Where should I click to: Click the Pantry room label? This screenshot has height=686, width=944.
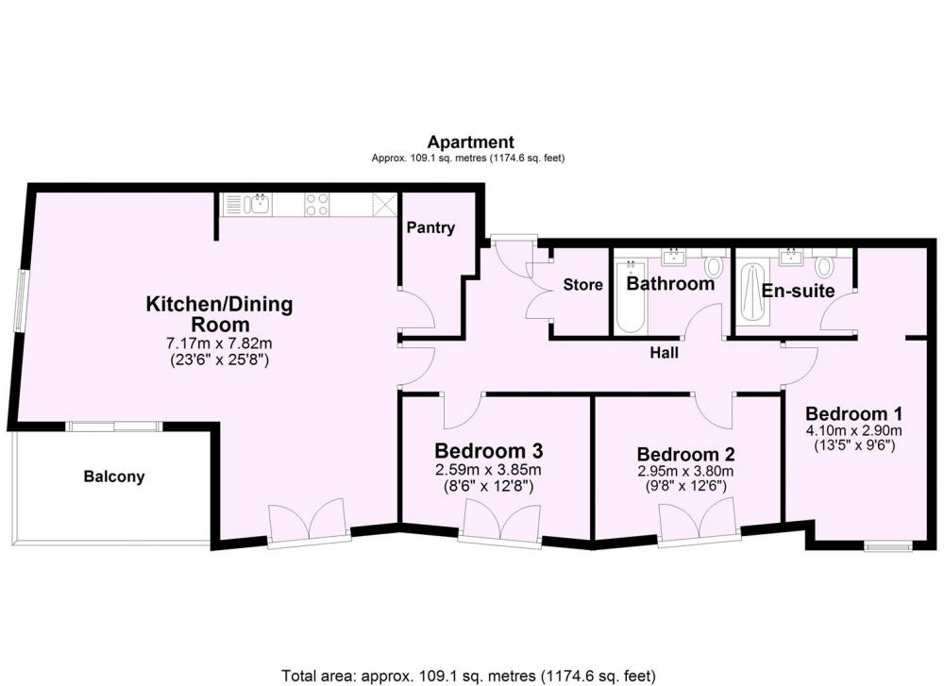(x=430, y=227)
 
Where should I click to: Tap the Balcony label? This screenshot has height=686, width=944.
(x=114, y=477)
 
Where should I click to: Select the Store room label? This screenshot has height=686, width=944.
(x=582, y=285)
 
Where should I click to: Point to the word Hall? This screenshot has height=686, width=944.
(x=664, y=353)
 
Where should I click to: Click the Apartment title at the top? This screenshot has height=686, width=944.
(x=470, y=142)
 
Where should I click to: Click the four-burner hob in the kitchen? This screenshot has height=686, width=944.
(x=316, y=204)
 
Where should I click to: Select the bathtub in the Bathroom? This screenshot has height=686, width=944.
(x=630, y=296)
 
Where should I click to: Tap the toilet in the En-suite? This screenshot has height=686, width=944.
(x=824, y=264)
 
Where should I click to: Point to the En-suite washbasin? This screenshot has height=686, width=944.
(x=791, y=257)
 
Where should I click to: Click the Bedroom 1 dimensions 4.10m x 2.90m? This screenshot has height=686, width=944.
(x=853, y=430)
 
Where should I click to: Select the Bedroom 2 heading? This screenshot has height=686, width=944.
(x=685, y=454)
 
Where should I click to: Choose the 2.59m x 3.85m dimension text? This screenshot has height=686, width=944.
(x=488, y=469)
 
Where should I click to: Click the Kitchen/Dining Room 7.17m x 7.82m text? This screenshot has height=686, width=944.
(x=219, y=343)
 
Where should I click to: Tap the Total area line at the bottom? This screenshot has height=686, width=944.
(x=469, y=676)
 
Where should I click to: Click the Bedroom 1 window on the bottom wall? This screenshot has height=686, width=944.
(x=888, y=547)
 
